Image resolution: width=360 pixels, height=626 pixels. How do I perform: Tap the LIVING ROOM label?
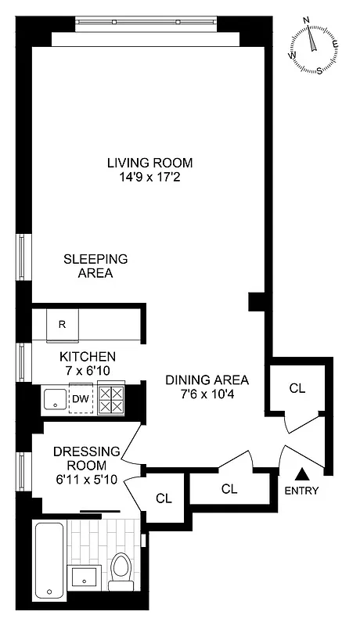pyautogui.click(x=149, y=163)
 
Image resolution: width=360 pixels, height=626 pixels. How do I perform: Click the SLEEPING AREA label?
pyautogui.click(x=95, y=266)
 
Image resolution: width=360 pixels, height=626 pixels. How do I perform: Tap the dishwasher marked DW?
pyautogui.click(x=81, y=399)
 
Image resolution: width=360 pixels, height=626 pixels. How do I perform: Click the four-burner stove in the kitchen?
pyautogui.click(x=110, y=400)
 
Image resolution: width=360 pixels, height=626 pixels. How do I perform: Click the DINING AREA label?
pyautogui.click(x=207, y=380)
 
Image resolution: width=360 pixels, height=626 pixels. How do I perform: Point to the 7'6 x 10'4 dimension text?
pyautogui.click(x=207, y=394)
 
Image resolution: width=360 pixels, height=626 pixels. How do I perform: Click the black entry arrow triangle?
pyautogui.click(x=302, y=473)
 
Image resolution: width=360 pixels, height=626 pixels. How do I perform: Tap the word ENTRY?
pyautogui.click(x=302, y=491)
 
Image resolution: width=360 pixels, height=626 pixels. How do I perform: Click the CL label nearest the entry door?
pyautogui.click(x=297, y=388)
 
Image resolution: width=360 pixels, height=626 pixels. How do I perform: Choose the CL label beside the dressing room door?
pyautogui.click(x=164, y=498)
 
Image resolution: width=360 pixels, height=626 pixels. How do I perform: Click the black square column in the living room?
pyautogui.click(x=255, y=302)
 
